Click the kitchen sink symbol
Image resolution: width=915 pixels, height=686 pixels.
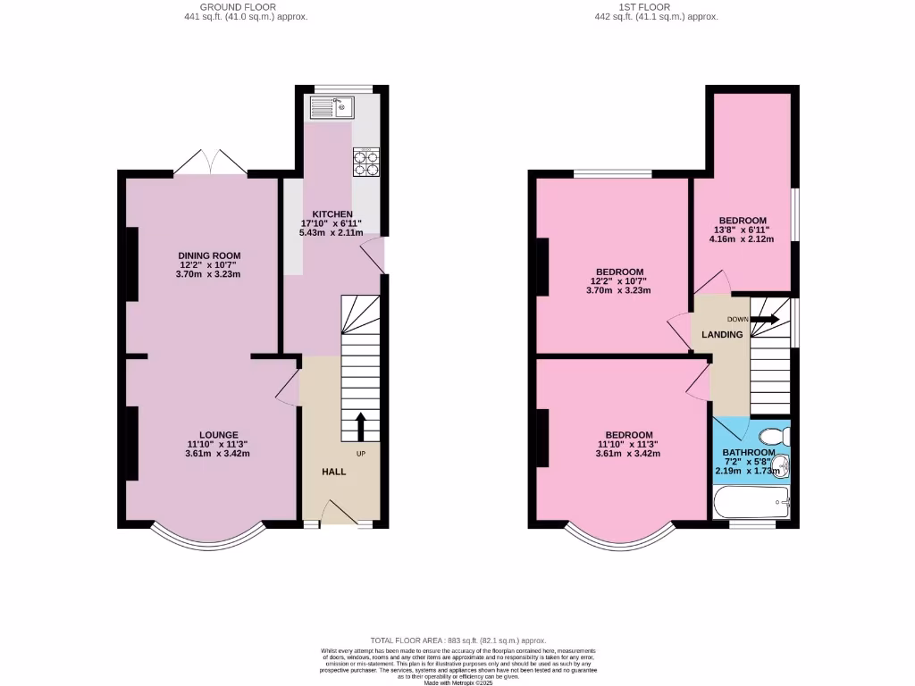(332, 109)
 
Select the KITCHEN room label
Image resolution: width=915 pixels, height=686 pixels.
(332, 213)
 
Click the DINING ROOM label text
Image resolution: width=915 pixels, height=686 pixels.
(209, 255)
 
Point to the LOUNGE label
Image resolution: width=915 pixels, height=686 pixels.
(218, 435)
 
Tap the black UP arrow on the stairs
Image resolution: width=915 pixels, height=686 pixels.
(361, 427)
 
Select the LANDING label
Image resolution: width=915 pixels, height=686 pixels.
(722, 335)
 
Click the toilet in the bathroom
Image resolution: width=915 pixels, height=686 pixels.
(774, 435)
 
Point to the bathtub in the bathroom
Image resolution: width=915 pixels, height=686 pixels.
(751, 503)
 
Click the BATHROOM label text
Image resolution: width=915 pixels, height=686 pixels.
(749, 453)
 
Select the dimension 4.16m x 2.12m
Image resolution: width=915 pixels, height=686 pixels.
(743, 239)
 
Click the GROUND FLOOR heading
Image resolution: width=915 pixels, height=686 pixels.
(214, 7)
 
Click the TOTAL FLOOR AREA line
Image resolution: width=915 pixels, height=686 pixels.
(457, 640)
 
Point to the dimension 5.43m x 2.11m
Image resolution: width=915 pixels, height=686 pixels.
(331, 233)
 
